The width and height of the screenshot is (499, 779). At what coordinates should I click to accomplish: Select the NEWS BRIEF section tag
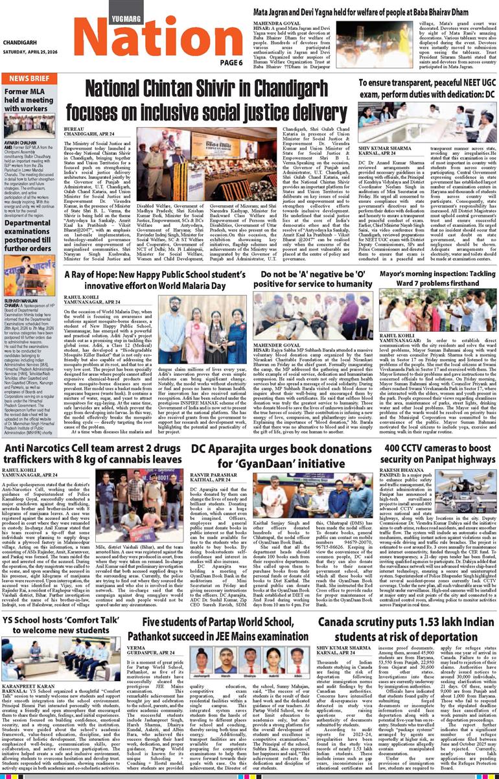tap(30, 78)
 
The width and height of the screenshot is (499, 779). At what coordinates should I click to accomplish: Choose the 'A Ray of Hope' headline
tap(149, 280)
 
